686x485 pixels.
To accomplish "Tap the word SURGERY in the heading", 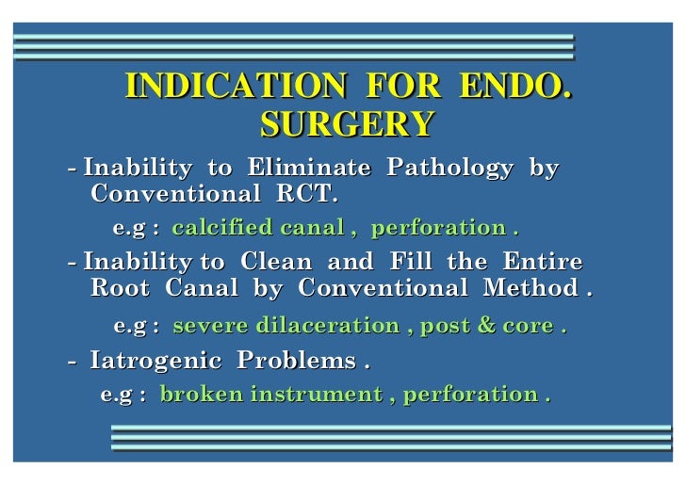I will pyautogui.click(x=347, y=123).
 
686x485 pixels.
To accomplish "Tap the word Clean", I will pyautogui.click(x=277, y=262).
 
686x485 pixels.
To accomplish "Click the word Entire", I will pyautogui.click(x=542, y=262).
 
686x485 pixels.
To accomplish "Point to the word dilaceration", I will pyautogui.click(x=321, y=326).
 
